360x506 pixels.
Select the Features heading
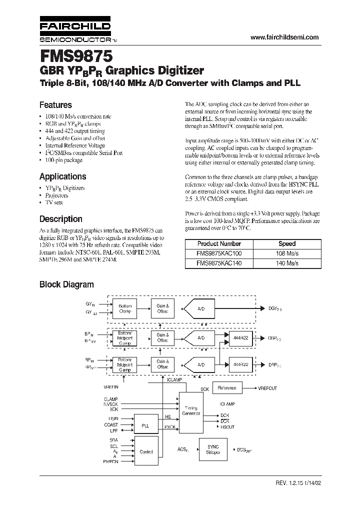pyautogui.click(x=55, y=105)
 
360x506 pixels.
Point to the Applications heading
pyautogui.click(x=62, y=176)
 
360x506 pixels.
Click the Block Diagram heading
pyautogui.click(x=66, y=284)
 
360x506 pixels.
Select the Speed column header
pyautogui.click(x=286, y=243)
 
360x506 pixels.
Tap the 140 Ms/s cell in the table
pyautogui.click(x=286, y=262)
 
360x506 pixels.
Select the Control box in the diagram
pyautogui.click(x=146, y=451)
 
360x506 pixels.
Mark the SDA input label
pyautogui.click(x=114, y=439)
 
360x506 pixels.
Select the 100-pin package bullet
pyautogui.click(x=62, y=160)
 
